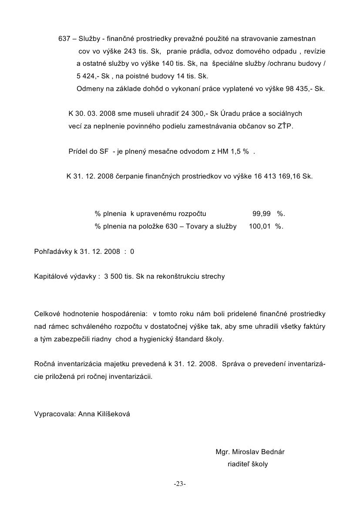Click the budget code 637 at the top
click(x=64, y=39)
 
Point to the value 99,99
click(x=262, y=214)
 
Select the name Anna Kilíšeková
click(x=104, y=414)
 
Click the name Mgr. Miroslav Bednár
click(x=250, y=452)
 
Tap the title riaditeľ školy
click(x=248, y=464)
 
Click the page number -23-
click(x=180, y=484)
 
